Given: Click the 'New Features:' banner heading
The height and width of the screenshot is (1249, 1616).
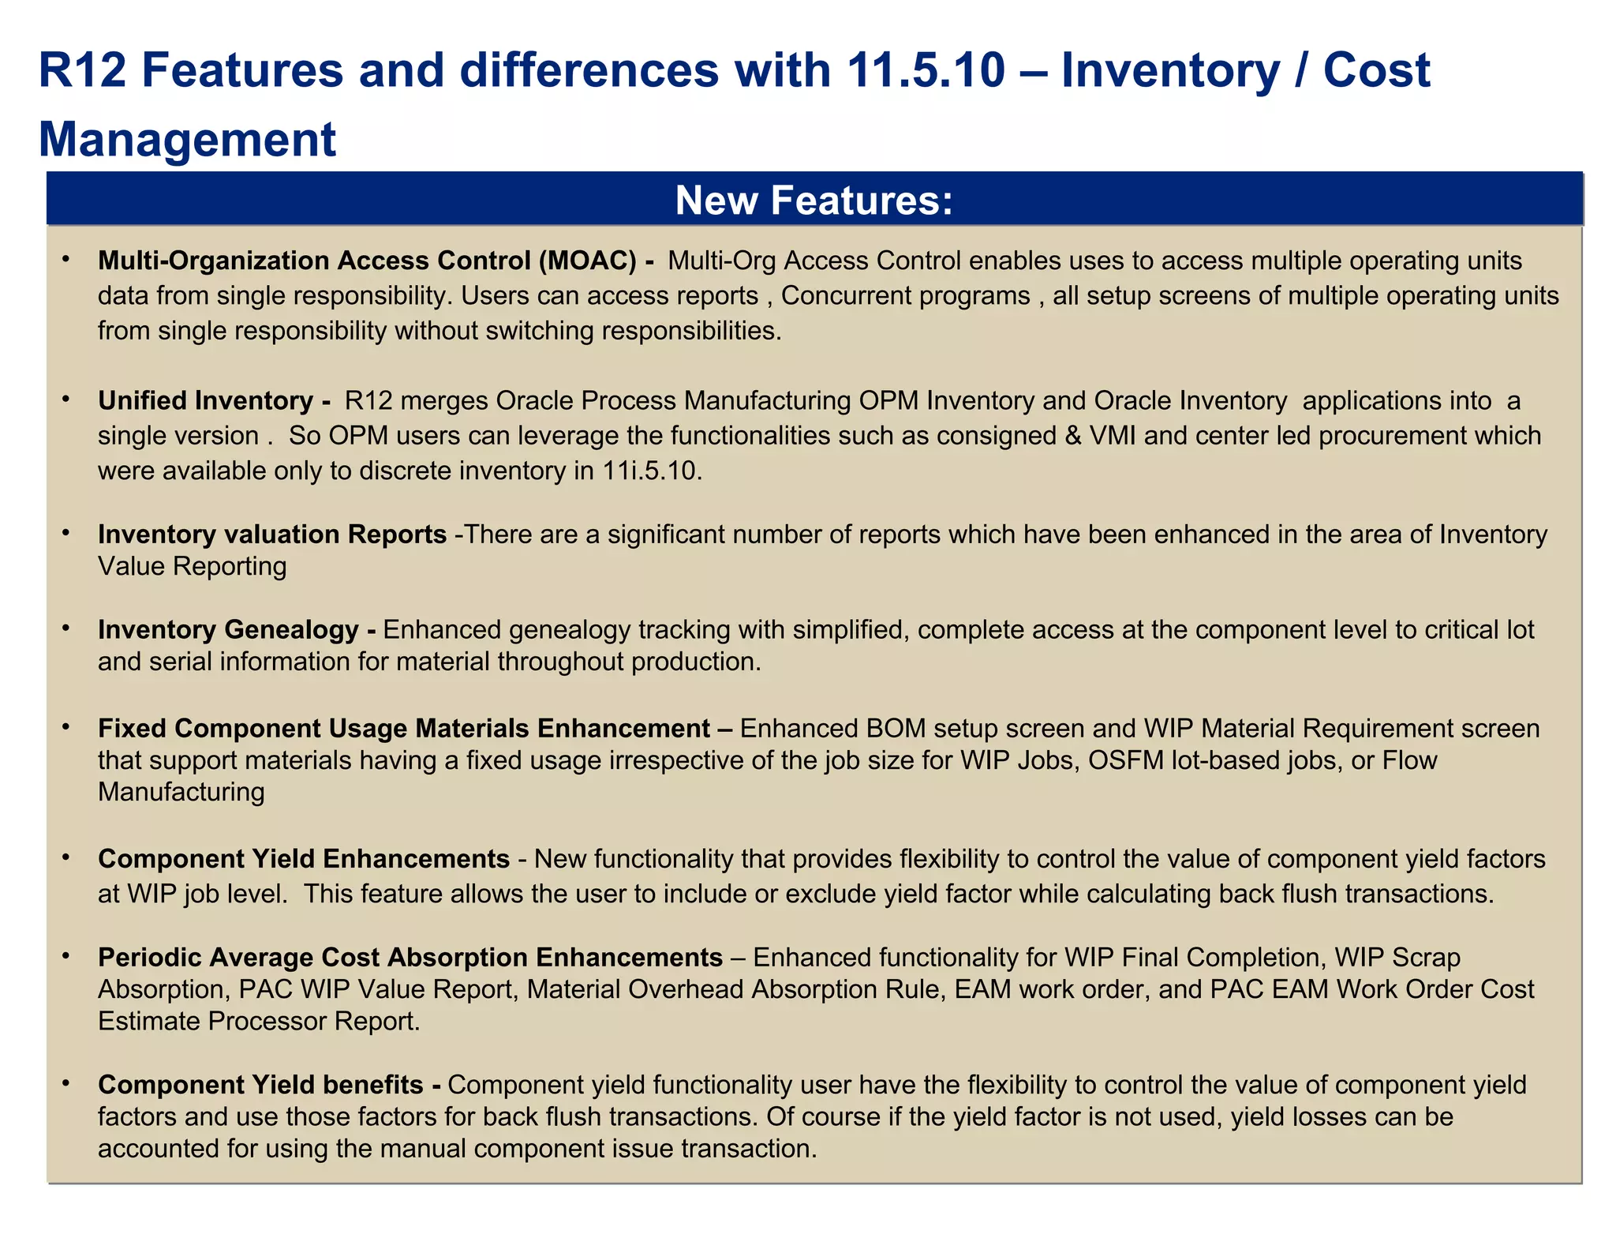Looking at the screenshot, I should click(814, 200).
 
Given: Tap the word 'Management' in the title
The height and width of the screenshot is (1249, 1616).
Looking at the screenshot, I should click(188, 139).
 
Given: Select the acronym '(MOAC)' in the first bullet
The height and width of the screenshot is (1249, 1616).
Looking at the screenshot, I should click(587, 261).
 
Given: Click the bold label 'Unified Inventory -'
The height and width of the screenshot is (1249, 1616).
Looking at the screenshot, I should click(214, 401).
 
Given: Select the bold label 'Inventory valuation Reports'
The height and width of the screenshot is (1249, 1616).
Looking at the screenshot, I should click(272, 534).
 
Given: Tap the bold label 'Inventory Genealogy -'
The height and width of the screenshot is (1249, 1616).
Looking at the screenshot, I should click(237, 630).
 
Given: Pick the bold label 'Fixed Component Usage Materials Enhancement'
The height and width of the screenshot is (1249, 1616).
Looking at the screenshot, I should click(404, 728).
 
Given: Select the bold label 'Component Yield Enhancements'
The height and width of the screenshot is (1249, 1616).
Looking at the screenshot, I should click(304, 859).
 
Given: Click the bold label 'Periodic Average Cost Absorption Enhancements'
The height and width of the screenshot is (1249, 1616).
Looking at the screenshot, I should click(410, 958).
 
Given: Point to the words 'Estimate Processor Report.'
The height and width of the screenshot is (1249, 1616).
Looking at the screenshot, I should click(259, 1022).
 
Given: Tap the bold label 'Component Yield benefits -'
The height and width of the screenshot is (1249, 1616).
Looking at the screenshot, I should click(269, 1085).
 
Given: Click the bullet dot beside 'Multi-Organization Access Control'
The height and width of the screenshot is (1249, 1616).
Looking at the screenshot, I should click(67, 260).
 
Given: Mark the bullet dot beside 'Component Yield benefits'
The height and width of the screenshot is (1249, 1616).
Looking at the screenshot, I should click(67, 1084).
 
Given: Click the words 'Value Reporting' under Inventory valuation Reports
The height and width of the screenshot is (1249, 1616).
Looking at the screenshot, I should click(192, 566).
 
